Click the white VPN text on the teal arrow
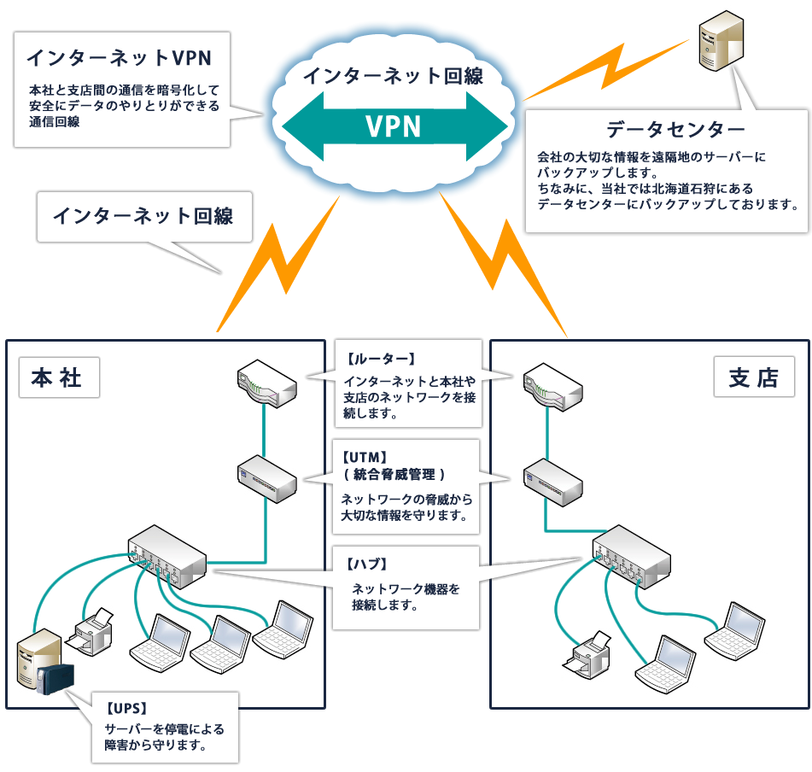[x=394, y=126]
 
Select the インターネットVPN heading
[x=118, y=57]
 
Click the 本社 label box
[x=57, y=377]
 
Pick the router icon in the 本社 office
[x=266, y=381]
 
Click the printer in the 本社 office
[x=94, y=629]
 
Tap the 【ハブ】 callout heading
[x=367, y=564]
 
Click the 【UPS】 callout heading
[x=127, y=708]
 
